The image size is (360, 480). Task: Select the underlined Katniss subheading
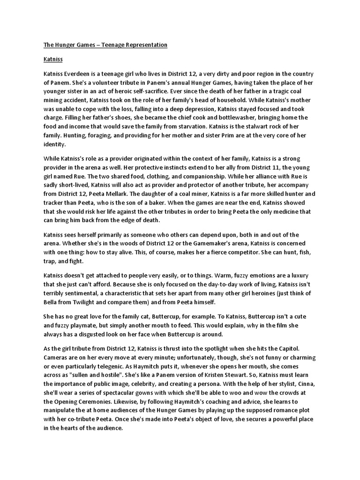click(x=53, y=60)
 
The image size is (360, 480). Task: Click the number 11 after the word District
click(x=251, y=168)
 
